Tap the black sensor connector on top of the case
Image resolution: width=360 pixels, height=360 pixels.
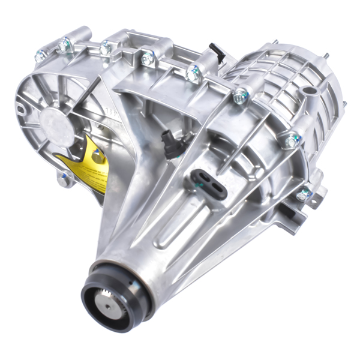[x=217, y=53]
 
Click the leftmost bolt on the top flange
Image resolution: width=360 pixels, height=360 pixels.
[x=41, y=56]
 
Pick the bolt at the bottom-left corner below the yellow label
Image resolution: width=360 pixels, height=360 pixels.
[x=64, y=178]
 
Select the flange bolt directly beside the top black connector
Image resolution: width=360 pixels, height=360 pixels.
[x=193, y=73]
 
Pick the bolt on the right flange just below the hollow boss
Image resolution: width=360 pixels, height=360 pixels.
[x=290, y=140]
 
